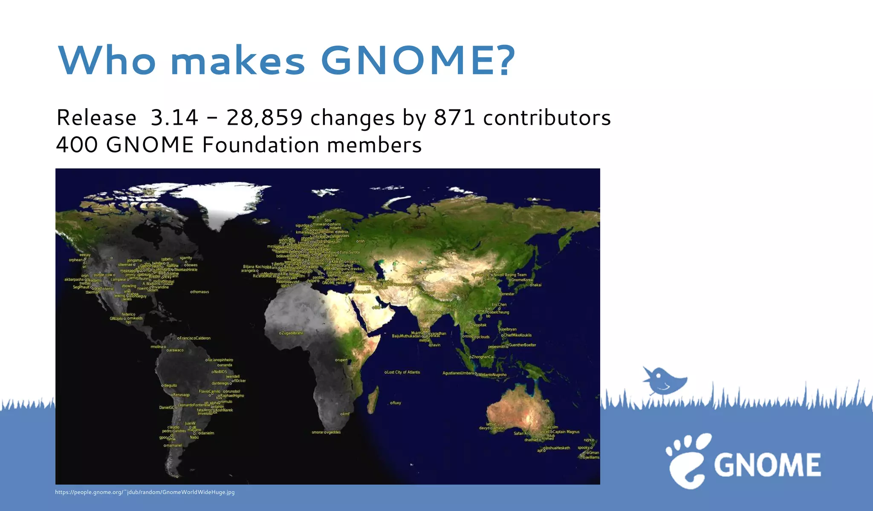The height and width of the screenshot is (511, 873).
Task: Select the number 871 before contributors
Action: pos(454,118)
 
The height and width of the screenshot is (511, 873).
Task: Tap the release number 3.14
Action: pos(174,118)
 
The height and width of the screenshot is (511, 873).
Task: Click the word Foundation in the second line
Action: pos(260,145)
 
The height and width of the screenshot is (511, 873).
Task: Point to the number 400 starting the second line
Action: pos(77,145)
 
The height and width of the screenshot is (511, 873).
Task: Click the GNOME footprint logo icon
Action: pos(687,461)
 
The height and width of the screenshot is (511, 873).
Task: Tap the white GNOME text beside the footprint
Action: pos(767,465)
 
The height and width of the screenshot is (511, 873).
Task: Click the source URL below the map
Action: pos(145,492)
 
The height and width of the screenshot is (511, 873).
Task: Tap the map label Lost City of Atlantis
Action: pos(403,372)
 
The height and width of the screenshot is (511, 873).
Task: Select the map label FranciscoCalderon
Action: pos(195,338)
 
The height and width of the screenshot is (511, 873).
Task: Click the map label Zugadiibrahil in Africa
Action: pos(292,333)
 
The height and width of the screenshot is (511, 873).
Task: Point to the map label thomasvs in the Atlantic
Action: pos(200,292)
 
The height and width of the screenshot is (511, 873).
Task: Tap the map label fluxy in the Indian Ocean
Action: pos(396,403)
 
